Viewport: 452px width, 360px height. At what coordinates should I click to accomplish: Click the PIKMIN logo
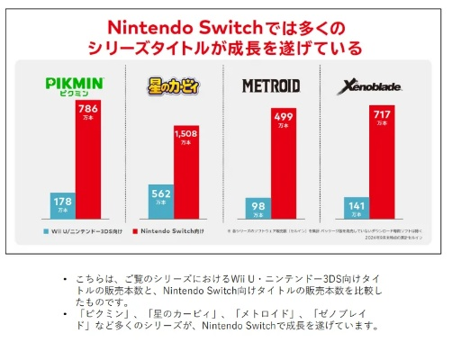77,86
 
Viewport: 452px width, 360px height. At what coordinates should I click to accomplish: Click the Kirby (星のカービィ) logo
172,86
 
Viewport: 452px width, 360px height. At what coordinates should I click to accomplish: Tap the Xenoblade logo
364,86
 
